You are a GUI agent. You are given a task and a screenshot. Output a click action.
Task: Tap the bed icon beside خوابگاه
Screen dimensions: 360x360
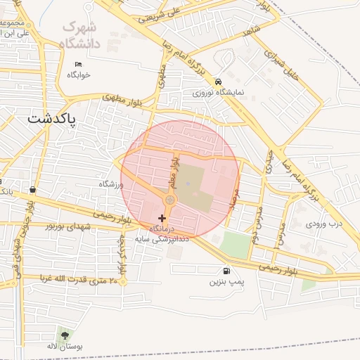(78, 64)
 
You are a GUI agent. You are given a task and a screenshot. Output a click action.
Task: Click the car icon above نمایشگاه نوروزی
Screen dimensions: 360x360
(219, 81)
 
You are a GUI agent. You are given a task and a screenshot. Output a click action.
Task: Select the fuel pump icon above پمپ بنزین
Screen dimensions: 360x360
(226, 271)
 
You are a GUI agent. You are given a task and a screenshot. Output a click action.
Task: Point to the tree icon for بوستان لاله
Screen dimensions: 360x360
(65, 335)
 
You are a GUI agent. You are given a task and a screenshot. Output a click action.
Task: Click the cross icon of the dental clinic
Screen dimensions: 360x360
(162, 219)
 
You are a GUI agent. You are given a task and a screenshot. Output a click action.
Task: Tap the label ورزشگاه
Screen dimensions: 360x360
(111, 184)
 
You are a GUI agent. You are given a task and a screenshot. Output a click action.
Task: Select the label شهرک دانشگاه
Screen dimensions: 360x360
(80, 35)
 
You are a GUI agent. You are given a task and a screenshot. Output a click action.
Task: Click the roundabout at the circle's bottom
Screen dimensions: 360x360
(169, 200)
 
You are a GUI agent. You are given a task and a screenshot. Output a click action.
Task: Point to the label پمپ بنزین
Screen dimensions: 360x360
(226, 282)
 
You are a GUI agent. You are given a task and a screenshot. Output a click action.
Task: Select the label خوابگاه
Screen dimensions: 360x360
(79, 75)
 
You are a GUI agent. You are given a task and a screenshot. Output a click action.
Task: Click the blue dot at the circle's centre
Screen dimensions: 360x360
(188, 165)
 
